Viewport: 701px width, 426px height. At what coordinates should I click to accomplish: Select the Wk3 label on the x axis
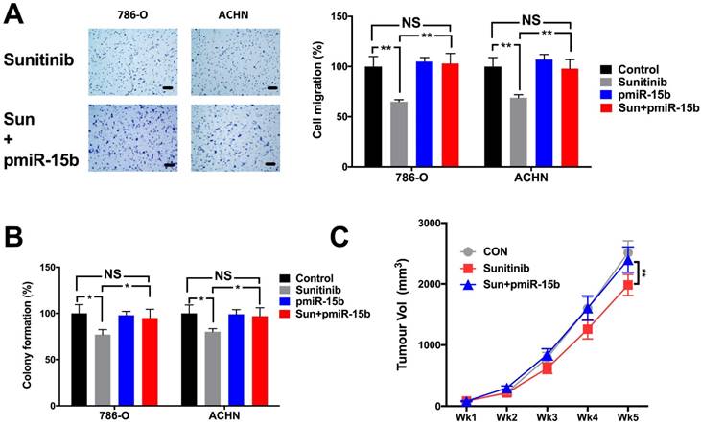pyautogui.click(x=545, y=417)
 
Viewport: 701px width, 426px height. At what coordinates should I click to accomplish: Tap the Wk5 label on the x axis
pyautogui.click(x=626, y=417)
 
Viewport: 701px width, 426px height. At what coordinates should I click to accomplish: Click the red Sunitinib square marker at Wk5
pyautogui.click(x=627, y=284)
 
